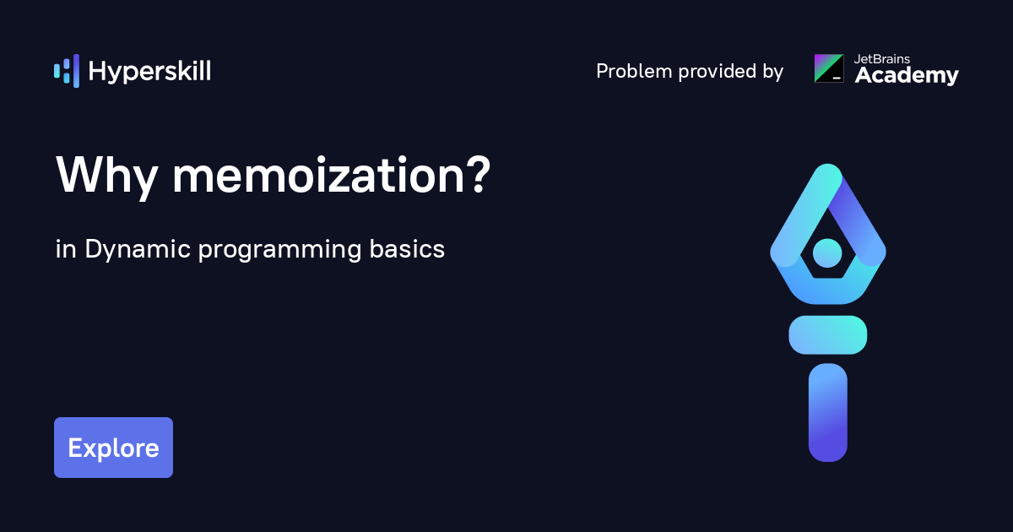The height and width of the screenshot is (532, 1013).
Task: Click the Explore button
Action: [x=113, y=448]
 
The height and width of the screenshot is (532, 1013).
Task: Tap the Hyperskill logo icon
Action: [x=67, y=71]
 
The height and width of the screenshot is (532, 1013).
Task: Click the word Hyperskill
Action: [x=149, y=72]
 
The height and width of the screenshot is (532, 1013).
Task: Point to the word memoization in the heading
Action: [x=319, y=175]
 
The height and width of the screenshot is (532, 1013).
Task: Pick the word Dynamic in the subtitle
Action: [x=138, y=250]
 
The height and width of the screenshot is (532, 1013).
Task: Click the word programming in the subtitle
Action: [x=280, y=251]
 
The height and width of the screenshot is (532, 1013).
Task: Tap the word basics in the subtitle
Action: [x=407, y=248]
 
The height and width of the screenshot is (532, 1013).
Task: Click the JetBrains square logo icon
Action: [x=829, y=68]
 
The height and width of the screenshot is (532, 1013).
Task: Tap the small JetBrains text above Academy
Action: [x=882, y=59]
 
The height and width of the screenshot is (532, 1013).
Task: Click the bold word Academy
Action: [x=907, y=75]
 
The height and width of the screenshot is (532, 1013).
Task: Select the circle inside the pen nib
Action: [x=827, y=252]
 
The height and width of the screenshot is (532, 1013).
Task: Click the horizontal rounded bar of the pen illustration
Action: [x=827, y=334]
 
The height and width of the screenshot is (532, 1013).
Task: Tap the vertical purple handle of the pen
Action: [x=827, y=413]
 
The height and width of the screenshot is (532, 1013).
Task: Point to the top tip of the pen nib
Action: [x=828, y=166]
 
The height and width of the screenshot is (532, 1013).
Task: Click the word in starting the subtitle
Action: [x=66, y=249]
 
